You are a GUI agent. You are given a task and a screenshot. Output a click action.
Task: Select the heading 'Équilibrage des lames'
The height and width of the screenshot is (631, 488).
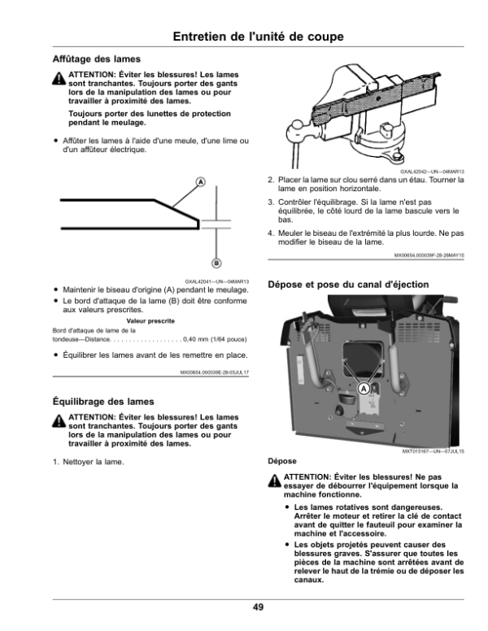click(x=103, y=401)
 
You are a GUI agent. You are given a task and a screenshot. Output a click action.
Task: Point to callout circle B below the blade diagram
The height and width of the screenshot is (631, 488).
click(x=217, y=263)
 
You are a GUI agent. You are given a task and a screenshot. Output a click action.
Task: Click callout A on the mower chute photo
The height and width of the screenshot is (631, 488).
click(x=364, y=389)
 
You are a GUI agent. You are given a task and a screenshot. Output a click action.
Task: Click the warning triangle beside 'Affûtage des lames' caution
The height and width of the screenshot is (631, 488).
click(x=59, y=80)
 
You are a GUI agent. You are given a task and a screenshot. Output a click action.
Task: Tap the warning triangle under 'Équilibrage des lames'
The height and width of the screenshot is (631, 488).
click(x=59, y=420)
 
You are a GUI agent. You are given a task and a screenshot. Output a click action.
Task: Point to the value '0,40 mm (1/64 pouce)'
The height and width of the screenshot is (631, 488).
click(x=216, y=338)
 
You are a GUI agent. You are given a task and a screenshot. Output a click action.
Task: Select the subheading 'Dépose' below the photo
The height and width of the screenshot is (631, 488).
click(x=282, y=460)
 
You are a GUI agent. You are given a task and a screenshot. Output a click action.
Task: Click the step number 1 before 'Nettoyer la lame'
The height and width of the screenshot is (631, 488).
click(x=55, y=462)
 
